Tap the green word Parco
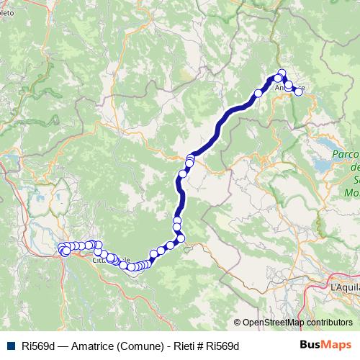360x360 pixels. (345, 154)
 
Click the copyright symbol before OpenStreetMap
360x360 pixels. (238, 323)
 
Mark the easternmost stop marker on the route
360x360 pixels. (299, 91)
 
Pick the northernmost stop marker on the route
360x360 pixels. (282, 72)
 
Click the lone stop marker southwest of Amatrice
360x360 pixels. (258, 93)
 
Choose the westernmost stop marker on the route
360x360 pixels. (62, 248)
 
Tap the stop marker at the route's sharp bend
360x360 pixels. (181, 238)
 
